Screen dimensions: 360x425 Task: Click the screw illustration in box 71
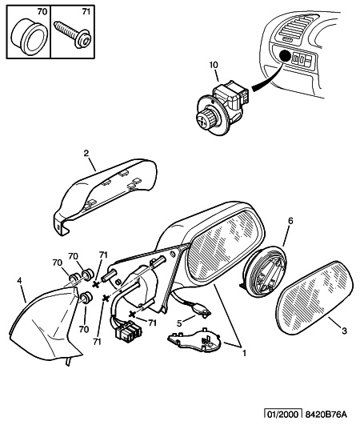[x=73, y=35]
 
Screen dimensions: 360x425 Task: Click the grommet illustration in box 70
[x=30, y=37]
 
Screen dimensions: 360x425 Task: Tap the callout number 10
[x=213, y=65]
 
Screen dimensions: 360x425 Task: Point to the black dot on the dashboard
[x=284, y=56]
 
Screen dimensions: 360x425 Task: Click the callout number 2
[x=86, y=154]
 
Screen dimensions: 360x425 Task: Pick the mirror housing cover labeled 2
[x=105, y=196]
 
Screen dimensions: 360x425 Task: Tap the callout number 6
[x=290, y=221]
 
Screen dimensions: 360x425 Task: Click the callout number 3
[x=344, y=331]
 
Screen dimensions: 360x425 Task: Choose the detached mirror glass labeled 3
[x=314, y=297]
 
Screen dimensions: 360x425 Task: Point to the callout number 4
[x=19, y=281]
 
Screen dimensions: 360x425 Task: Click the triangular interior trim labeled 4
[x=46, y=325]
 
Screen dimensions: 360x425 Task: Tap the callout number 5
[x=179, y=323]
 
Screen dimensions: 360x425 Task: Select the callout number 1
[x=244, y=354]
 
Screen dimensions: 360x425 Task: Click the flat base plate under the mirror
[x=194, y=340]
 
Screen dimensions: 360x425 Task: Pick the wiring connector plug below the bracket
[x=128, y=331]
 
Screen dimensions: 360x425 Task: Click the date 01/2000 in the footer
[x=282, y=415]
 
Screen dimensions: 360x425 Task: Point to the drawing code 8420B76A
[x=326, y=415]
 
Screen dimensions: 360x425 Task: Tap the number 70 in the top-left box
[x=42, y=12]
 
